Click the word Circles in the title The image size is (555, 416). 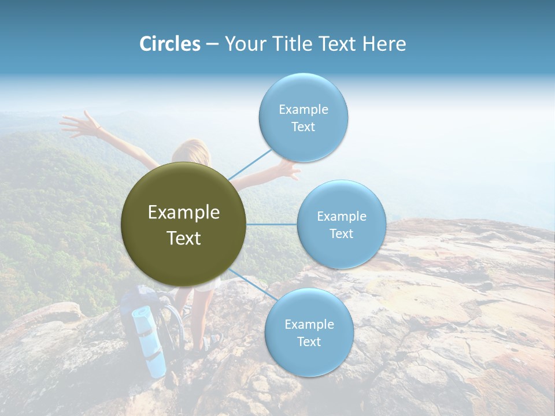pyautogui.click(x=170, y=44)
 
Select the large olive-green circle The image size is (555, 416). pyautogui.click(x=184, y=224)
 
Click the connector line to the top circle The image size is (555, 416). pyautogui.click(x=250, y=164)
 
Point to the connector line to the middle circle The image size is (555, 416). pyautogui.click(x=272, y=224)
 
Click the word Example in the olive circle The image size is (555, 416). pyautogui.click(x=184, y=213)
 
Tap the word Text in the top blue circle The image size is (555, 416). pyautogui.click(x=303, y=127)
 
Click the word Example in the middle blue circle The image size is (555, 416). pyautogui.click(x=341, y=217)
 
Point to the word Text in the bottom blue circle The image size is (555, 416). pyautogui.click(x=309, y=341)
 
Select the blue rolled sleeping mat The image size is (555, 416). pyautogui.click(x=149, y=341)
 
